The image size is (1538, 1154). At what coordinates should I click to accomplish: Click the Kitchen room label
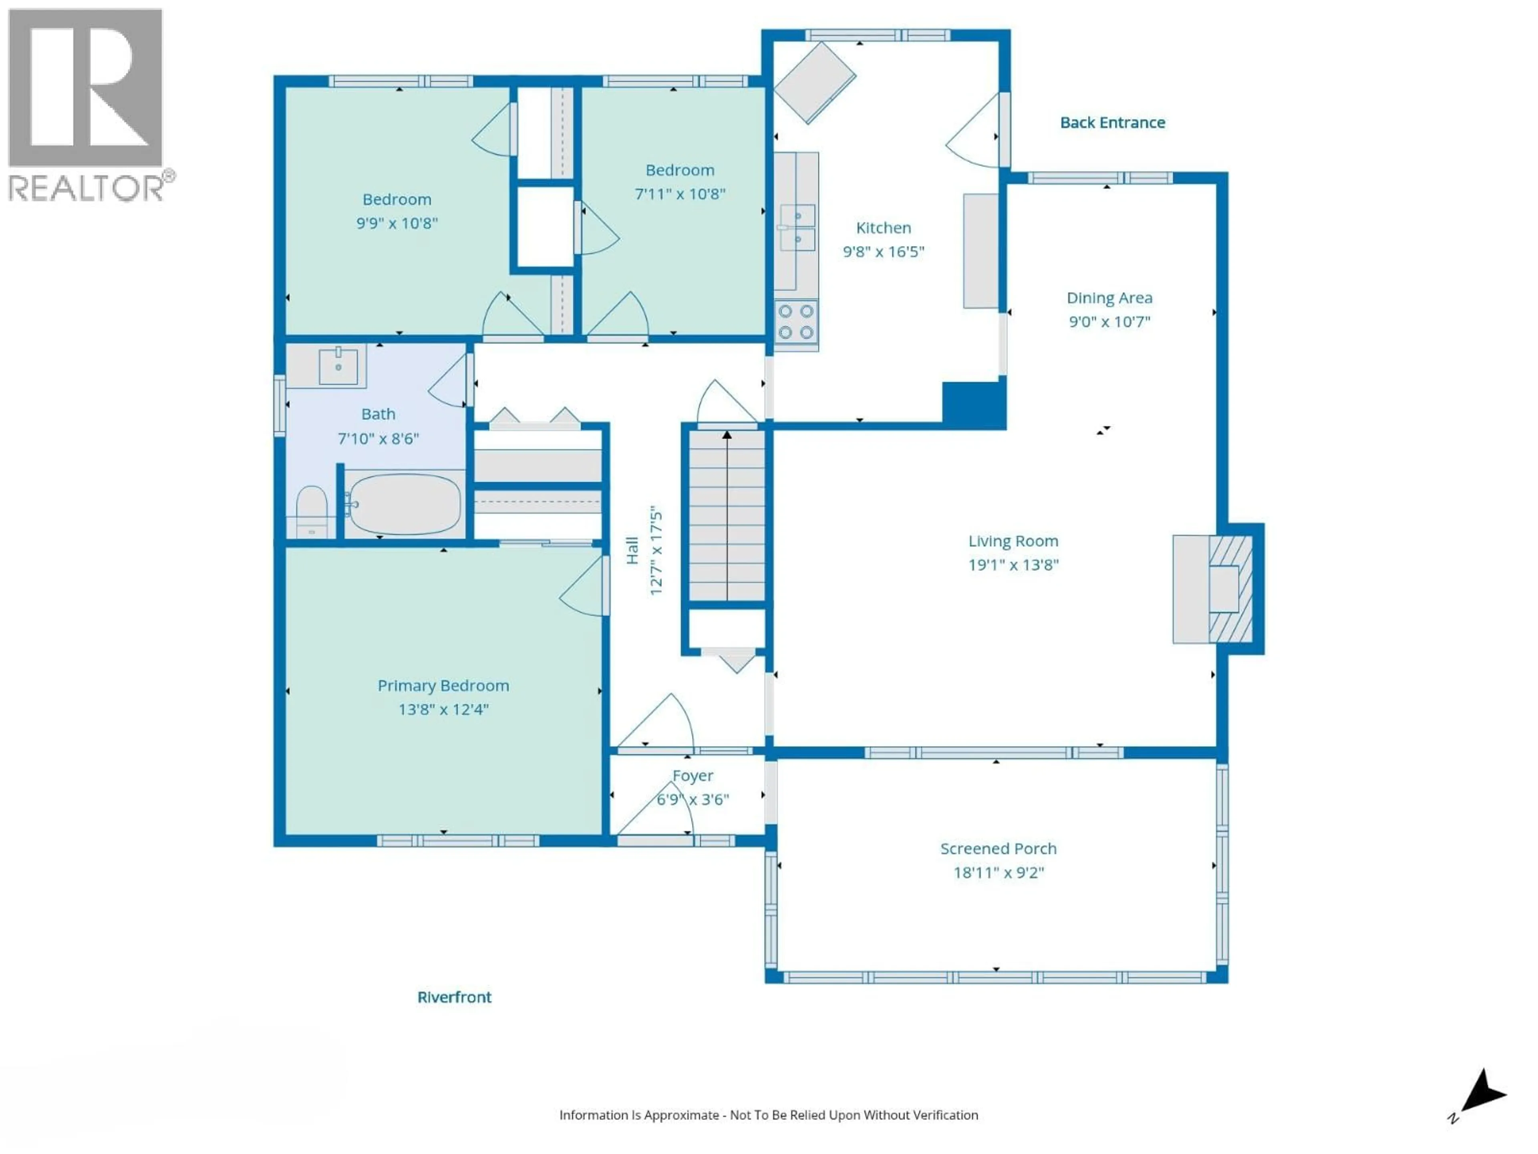[883, 228]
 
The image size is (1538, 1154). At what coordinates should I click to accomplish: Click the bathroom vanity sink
[338, 367]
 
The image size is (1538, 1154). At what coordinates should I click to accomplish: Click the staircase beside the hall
[727, 515]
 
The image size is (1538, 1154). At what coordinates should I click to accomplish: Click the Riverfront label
[454, 997]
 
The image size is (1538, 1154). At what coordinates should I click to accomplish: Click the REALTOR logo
[86, 104]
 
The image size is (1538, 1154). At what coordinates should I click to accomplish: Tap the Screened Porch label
[998, 849]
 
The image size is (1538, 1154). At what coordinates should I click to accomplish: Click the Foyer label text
[693, 776]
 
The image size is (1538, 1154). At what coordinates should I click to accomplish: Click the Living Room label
[1013, 541]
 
